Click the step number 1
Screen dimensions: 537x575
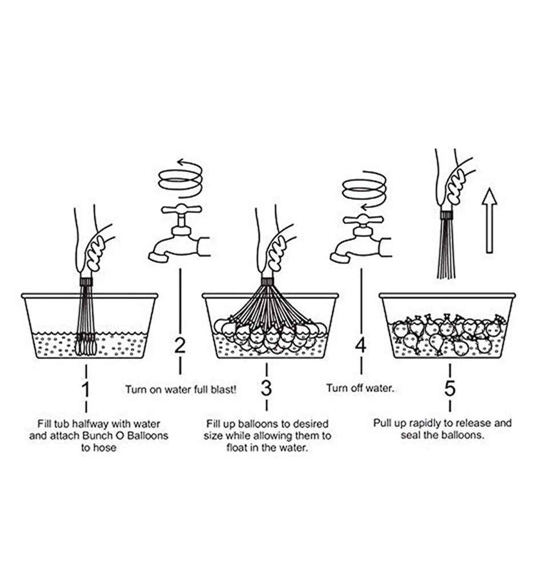[x=86, y=389]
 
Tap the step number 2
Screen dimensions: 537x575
[x=180, y=345]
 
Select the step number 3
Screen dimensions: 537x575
[x=266, y=388]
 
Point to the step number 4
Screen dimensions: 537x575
[x=361, y=345]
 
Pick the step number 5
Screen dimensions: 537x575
[x=450, y=388]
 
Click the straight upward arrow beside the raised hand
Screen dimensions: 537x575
[x=490, y=220]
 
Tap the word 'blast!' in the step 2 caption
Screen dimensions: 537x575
[x=224, y=389]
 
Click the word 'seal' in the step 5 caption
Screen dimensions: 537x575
[x=410, y=435]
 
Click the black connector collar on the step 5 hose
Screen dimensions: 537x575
[x=446, y=215]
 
